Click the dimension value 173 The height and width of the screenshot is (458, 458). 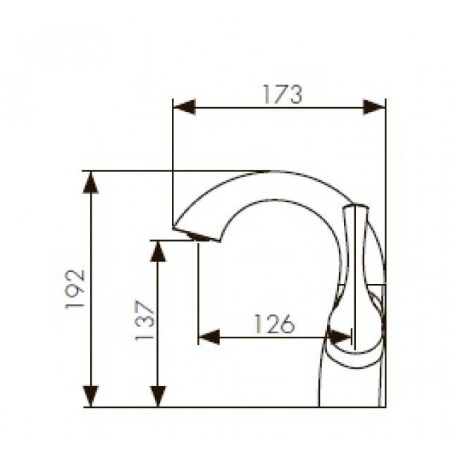coord(283,94)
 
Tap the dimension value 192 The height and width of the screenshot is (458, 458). coord(75,289)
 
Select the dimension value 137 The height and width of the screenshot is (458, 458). coord(144,321)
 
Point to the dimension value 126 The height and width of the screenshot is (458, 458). coord(275,324)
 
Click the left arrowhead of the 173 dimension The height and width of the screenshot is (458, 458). coord(184,107)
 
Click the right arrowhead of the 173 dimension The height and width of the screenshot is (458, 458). coord(374,107)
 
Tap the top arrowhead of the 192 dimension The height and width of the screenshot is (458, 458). coord(91,182)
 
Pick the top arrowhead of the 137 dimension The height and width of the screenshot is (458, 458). coord(158,252)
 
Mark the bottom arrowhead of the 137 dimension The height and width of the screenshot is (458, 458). coord(158,396)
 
